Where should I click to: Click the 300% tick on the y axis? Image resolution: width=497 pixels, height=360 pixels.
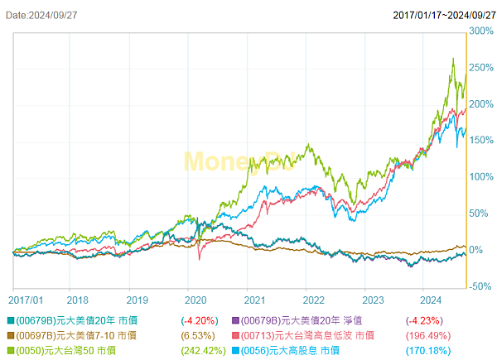[481, 31]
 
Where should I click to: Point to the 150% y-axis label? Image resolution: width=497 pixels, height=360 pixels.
[481, 141]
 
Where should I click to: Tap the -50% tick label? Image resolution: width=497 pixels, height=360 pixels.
[481, 286]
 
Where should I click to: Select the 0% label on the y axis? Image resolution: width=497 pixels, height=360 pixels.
[479, 250]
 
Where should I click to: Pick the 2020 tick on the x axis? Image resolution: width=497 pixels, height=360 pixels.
[195, 300]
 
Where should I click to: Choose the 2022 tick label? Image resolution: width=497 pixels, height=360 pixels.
[313, 300]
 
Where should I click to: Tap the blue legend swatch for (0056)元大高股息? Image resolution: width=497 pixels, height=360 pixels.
[234, 351]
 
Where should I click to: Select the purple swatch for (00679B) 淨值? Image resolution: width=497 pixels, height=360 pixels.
[234, 319]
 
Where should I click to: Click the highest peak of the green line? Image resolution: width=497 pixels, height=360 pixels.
[453, 59]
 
